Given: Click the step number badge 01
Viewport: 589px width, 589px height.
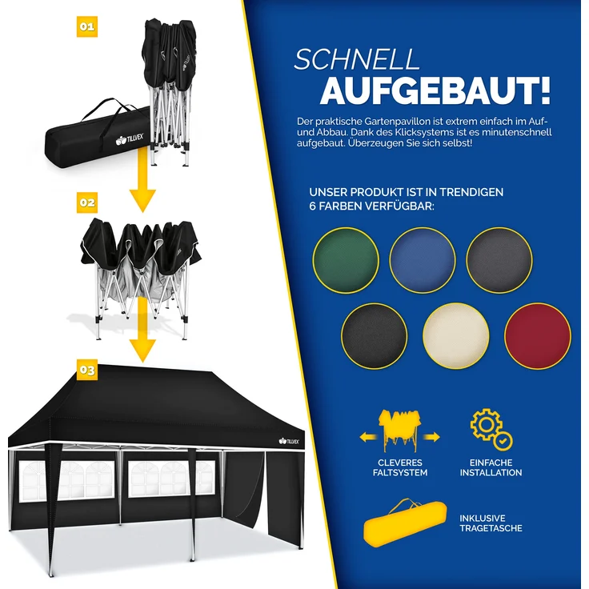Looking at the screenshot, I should pos(87,26).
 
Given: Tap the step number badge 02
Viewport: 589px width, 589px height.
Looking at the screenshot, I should pos(87,202).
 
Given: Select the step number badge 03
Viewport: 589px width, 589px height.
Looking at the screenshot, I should pos(87,371).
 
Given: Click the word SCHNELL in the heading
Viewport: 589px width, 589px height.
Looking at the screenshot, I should pos(357,60).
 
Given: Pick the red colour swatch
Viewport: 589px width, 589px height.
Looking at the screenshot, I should pos(538,335).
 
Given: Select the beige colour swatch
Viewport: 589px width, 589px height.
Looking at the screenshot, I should pos(456,335).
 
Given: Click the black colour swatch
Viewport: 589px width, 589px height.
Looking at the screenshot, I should pos(375,335).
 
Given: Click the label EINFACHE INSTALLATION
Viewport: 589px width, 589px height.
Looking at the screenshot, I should pos(491,467).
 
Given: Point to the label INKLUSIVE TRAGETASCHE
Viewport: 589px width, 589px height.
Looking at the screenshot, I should pos(491,523).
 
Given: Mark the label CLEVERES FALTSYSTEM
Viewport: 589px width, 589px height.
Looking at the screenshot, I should pos(401,467).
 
